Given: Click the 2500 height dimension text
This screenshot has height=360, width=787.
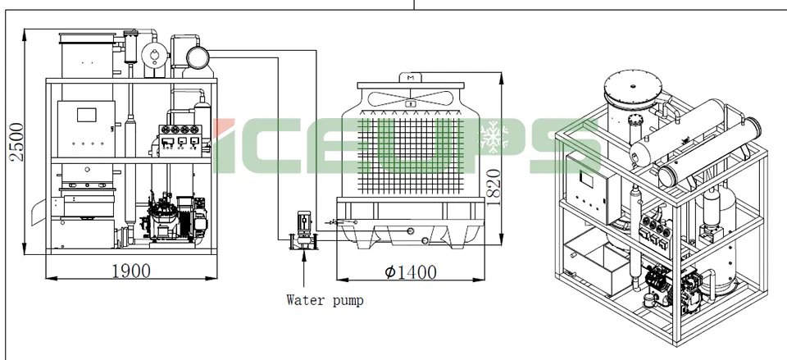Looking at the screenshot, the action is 17,142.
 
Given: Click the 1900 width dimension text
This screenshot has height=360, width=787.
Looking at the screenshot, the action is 131,271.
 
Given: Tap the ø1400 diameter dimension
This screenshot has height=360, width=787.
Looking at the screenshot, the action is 410,272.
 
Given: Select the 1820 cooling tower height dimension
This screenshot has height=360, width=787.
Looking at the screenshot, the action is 494,187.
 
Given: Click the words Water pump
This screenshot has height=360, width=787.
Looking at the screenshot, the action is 325,300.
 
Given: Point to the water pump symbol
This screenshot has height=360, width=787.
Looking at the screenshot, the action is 303,230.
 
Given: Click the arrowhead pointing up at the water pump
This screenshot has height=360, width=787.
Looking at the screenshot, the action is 303,253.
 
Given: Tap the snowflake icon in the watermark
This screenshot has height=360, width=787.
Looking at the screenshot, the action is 494,135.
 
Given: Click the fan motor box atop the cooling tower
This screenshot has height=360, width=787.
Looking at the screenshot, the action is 411,78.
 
